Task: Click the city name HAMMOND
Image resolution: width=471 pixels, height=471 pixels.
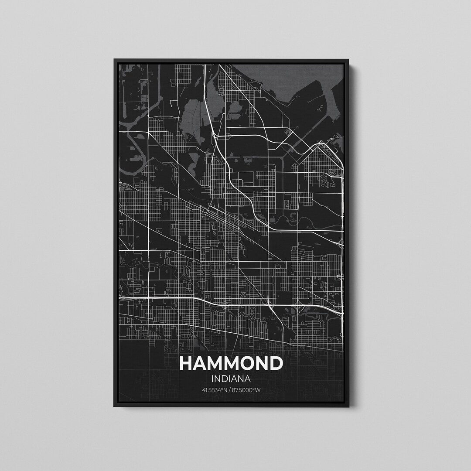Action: (x=231, y=364)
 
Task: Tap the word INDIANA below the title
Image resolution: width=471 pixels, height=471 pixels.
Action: (x=231, y=379)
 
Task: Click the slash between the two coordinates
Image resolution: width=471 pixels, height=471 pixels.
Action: (x=230, y=390)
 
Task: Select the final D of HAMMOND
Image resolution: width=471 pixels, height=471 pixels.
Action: (x=276, y=364)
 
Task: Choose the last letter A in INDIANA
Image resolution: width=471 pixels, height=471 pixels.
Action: (x=247, y=379)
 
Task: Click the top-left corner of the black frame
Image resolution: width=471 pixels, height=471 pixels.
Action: (x=114, y=60)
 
